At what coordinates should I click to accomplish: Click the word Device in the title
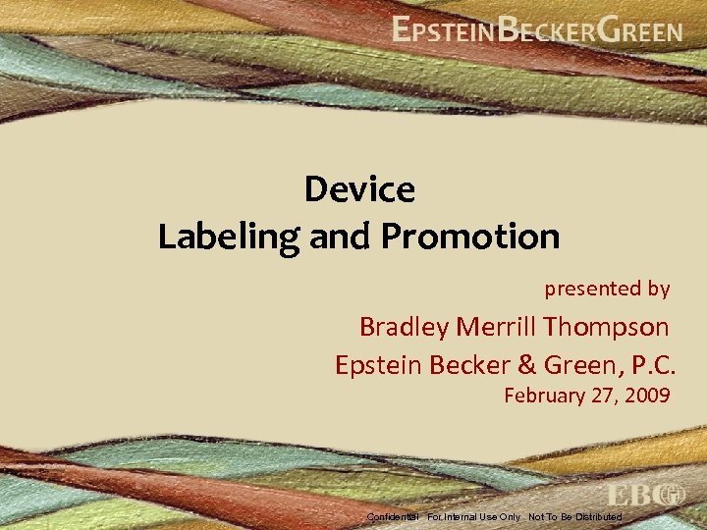click(x=359, y=188)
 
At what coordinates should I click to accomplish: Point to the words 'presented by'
click(x=607, y=289)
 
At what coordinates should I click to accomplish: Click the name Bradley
click(x=402, y=327)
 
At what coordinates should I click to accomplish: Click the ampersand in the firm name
click(x=526, y=365)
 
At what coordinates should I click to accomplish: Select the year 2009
click(x=647, y=397)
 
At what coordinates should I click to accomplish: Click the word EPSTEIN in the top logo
click(x=443, y=30)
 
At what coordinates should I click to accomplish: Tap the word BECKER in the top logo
click(x=545, y=30)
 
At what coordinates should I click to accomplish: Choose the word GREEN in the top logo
click(x=639, y=30)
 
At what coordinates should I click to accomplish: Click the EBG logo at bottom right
click(x=645, y=495)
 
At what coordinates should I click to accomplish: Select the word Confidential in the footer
click(x=393, y=516)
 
